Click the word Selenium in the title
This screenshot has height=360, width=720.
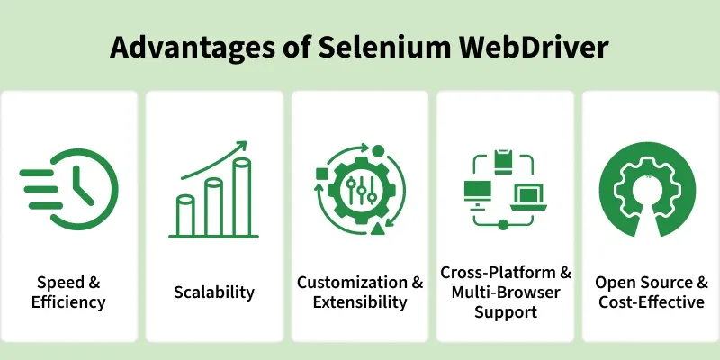384,47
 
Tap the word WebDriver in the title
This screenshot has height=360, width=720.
535,47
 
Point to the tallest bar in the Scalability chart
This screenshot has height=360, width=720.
241,196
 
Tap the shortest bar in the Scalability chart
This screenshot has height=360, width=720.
185,215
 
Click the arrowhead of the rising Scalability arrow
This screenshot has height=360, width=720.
240,147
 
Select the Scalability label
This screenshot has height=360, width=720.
214,292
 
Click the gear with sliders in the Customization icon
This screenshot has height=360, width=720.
362,190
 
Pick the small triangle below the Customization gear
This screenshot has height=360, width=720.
377,229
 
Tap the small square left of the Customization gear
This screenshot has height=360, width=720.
322,174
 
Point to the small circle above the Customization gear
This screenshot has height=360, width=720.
378,151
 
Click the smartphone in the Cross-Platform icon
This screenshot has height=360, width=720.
503,162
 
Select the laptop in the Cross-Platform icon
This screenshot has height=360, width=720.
528,197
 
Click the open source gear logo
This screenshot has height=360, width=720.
647,190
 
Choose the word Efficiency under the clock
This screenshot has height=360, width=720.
68,302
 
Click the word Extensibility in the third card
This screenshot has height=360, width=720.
360,302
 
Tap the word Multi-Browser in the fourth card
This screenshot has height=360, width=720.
506,292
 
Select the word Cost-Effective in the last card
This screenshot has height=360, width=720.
652,302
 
